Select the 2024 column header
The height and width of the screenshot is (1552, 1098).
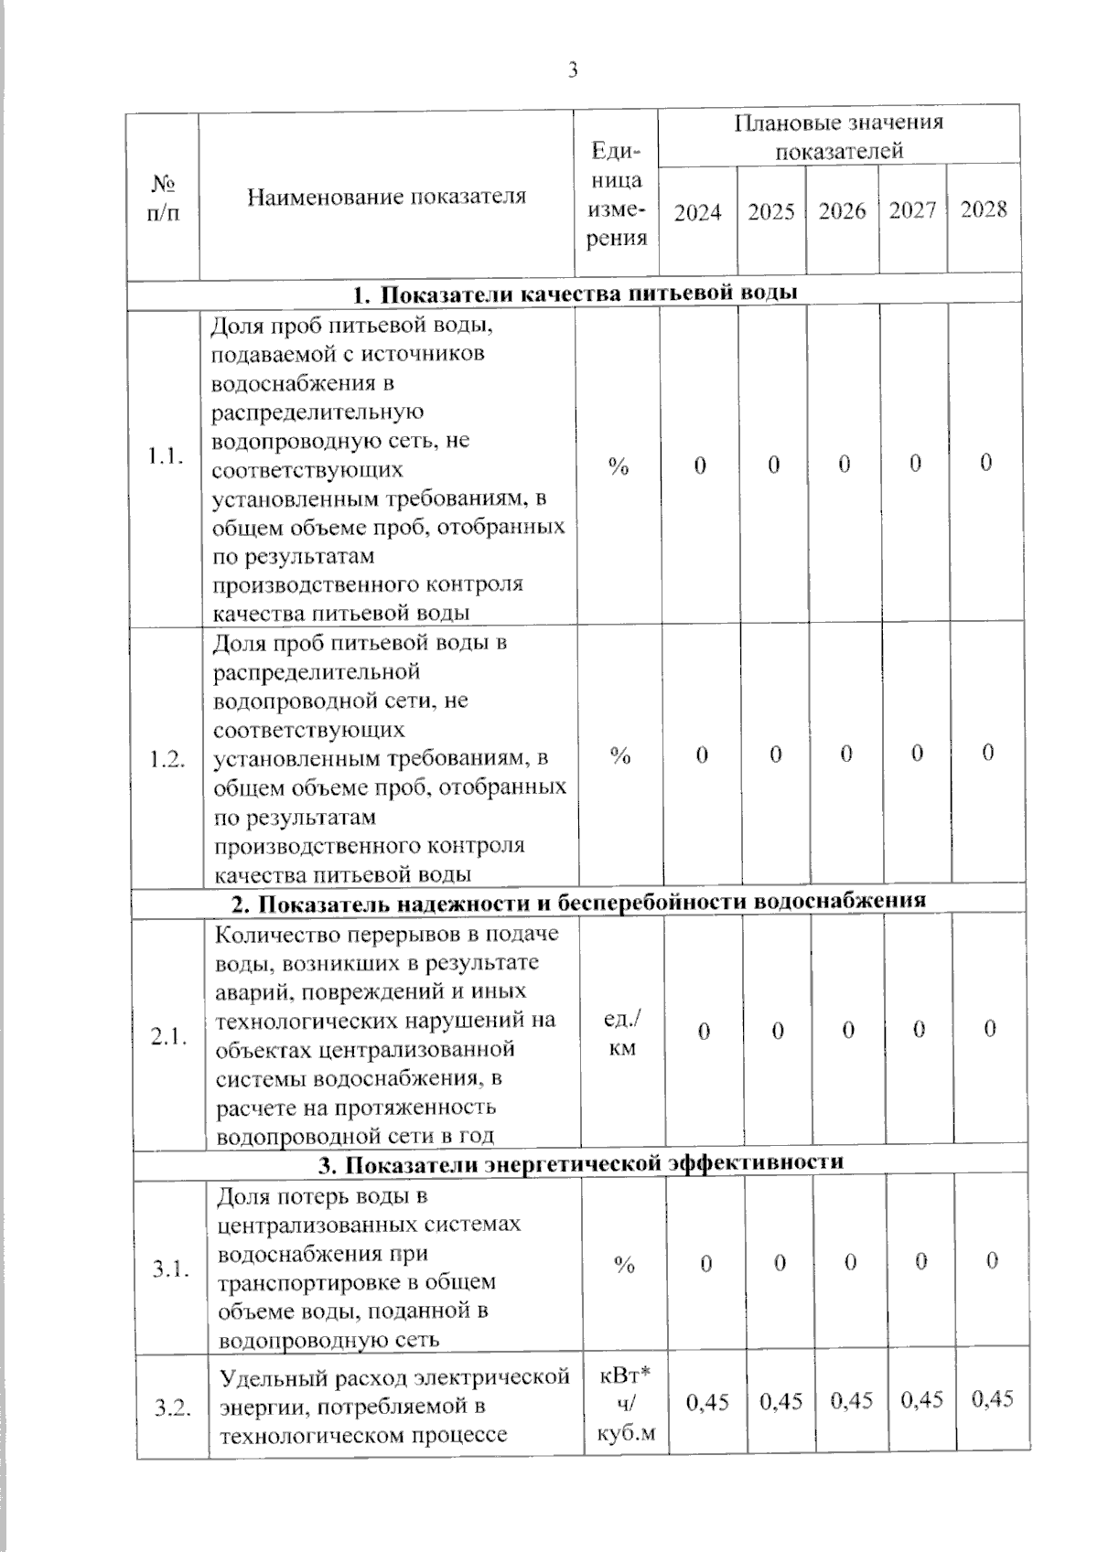click(x=697, y=213)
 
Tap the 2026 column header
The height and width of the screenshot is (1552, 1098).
click(x=842, y=212)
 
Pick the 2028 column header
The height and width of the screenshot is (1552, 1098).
click(x=984, y=210)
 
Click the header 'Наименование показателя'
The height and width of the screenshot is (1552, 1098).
click(x=387, y=197)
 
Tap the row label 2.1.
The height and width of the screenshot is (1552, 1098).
click(x=170, y=1037)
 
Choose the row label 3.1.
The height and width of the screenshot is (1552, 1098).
click(x=171, y=1268)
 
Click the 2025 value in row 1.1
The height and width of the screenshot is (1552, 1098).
click(x=774, y=465)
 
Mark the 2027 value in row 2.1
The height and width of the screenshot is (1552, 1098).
click(x=919, y=1030)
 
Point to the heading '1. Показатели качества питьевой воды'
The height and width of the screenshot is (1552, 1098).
click(x=576, y=294)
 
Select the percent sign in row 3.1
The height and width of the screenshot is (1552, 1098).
click(x=625, y=1265)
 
